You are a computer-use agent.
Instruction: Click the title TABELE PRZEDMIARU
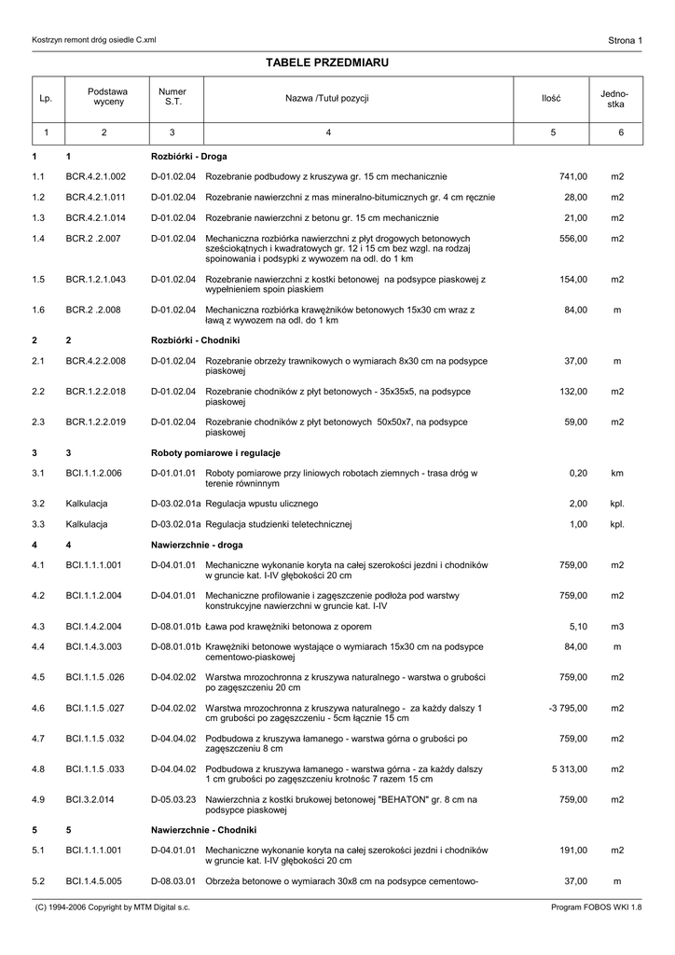(326, 62)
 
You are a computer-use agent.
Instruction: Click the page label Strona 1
(625, 40)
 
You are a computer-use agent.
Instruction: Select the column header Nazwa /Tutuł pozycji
(327, 98)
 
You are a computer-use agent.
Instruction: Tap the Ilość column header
(551, 98)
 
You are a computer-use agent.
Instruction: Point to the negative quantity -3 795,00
(568, 709)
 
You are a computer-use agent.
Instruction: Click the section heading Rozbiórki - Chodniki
(196, 340)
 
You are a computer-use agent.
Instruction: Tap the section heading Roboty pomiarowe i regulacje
(215, 452)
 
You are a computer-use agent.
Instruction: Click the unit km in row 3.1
(617, 473)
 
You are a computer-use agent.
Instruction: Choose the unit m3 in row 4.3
(617, 626)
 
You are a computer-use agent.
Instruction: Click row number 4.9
(38, 799)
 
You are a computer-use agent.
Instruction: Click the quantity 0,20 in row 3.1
(578, 473)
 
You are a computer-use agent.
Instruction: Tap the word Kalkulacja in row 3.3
(87, 524)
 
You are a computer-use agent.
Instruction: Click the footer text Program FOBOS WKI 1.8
(597, 907)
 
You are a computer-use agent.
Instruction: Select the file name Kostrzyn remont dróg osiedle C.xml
(94, 40)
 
